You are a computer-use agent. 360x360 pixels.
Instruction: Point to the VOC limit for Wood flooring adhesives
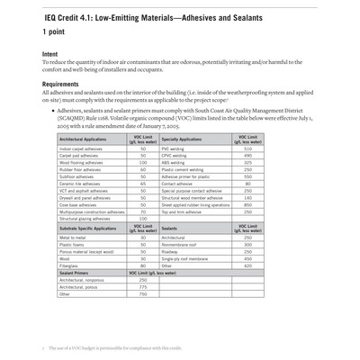click(143, 163)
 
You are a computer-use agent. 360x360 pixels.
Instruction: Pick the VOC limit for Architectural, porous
click(143, 287)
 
